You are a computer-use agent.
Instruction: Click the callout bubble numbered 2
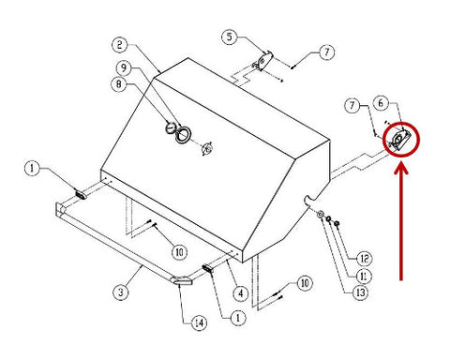pos(120,45)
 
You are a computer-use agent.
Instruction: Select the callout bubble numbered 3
pos(121,292)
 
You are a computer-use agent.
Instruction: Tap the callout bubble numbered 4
pos(240,293)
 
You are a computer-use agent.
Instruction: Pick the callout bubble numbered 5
pos(230,37)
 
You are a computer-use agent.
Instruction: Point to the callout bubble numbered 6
pos(381,103)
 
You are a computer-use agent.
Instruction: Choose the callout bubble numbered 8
pos(119,84)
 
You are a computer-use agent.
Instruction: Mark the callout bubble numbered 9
pos(124,67)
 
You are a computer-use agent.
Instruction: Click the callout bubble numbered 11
pos(364,277)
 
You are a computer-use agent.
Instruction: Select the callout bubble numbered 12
pos(365,259)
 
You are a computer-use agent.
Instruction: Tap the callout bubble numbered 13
pos(361,292)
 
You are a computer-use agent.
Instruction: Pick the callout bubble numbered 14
pos(199,322)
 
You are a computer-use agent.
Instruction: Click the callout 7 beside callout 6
pos(352,105)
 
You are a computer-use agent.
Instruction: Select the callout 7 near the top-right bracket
pos(326,52)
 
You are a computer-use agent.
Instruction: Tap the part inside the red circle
pos(399,139)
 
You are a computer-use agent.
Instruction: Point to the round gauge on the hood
pos(171,127)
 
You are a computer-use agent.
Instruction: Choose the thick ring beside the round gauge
pos(183,135)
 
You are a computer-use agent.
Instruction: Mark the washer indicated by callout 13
pos(321,215)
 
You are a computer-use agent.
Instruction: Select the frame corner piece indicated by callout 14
pos(182,280)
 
